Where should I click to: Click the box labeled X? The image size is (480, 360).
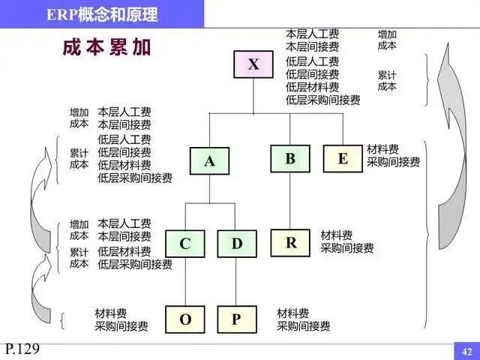(253, 64)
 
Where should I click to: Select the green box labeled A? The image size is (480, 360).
(209, 160)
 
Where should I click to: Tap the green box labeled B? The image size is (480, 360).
(289, 157)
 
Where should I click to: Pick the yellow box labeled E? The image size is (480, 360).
(343, 157)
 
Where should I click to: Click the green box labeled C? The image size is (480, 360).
(184, 243)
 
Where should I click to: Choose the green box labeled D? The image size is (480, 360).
(237, 243)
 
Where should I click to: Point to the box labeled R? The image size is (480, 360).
(291, 242)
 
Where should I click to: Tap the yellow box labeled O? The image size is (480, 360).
(184, 319)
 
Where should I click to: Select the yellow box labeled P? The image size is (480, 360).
(236, 319)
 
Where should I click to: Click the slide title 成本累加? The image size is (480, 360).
(106, 47)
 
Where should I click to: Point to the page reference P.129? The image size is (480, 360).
(22, 348)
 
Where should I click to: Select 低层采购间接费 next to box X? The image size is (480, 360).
(322, 100)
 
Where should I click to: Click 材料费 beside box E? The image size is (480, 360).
(382, 149)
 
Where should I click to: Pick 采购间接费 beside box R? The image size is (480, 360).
(346, 248)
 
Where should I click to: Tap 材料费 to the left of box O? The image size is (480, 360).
(110, 313)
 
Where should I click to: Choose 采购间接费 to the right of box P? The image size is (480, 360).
(303, 326)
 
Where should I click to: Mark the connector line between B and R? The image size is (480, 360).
(289, 201)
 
